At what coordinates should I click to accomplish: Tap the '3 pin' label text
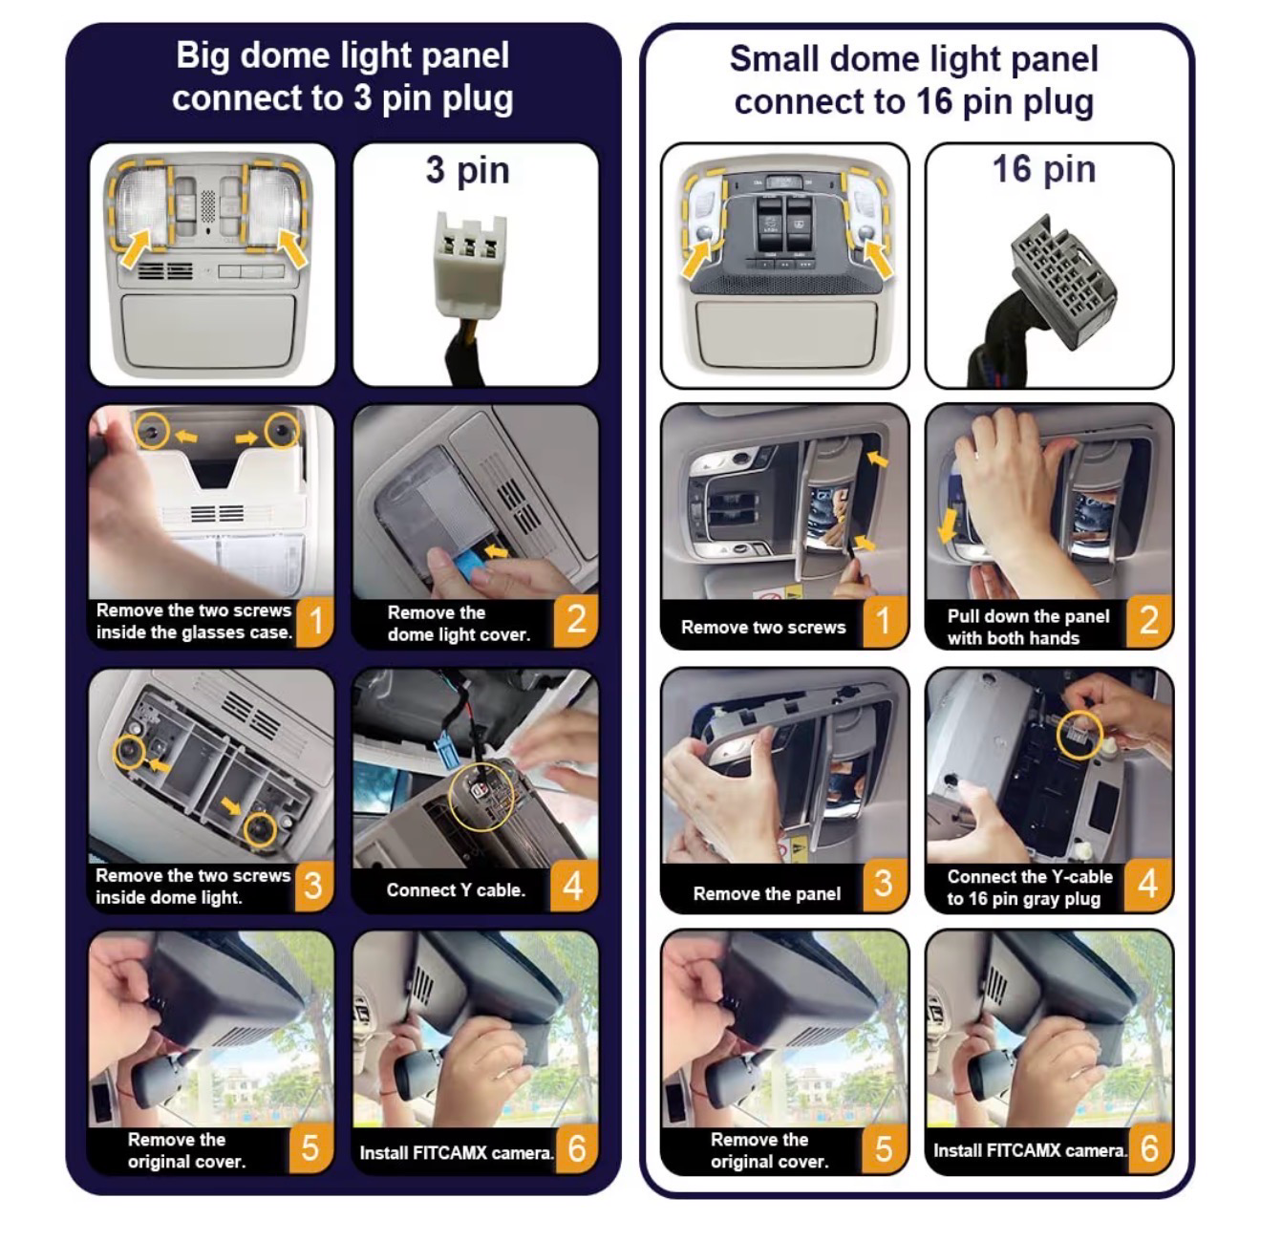pos(467,170)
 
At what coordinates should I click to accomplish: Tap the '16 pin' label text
pos(1044,169)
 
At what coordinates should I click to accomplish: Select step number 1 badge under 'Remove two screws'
pos(884,621)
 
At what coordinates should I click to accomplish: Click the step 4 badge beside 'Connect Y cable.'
pos(574,886)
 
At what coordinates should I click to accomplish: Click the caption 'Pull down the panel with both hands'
pos(1028,627)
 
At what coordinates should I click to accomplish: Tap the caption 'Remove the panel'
pos(766,893)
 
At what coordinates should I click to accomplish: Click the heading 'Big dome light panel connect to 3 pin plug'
pos(342,76)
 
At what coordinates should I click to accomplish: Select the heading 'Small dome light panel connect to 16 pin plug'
pos(913,80)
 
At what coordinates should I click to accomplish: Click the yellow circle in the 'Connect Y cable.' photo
pos(481,798)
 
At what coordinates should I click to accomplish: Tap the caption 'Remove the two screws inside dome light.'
pos(192,886)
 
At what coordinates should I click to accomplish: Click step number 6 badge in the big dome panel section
pos(576,1148)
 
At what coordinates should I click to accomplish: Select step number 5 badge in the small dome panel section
pos(884,1148)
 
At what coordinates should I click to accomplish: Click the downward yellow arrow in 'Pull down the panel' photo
pos(947,525)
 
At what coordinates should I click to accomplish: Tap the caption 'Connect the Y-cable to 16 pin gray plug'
pos(1029,887)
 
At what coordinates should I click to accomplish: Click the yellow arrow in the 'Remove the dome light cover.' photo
pos(498,552)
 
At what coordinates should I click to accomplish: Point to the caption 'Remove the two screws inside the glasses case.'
pos(194,621)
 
